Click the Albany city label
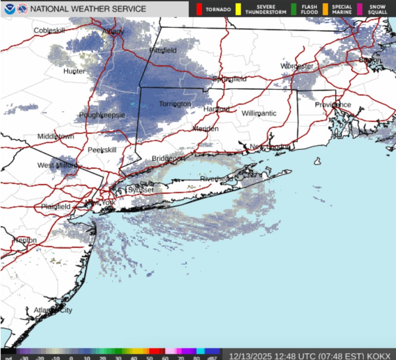point(113,32)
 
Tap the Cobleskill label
point(49,31)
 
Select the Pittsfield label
point(163,50)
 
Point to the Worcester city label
point(297,66)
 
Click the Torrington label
point(175,104)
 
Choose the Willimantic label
point(259,113)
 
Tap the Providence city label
point(333,105)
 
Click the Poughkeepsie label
point(102,115)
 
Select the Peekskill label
point(102,150)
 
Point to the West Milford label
point(57,165)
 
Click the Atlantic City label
point(53,310)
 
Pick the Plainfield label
point(56,206)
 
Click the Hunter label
point(74,71)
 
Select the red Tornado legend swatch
point(200,9)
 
